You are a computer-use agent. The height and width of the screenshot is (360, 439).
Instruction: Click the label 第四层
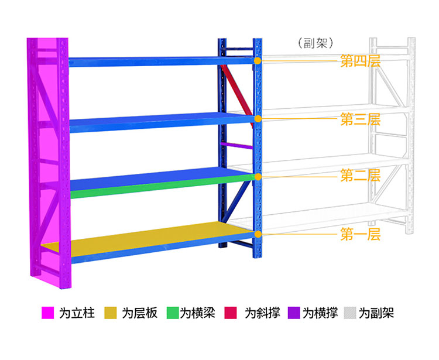pyautogui.click(x=360, y=61)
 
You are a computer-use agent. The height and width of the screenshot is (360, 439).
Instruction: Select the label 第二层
pyautogui.click(x=360, y=176)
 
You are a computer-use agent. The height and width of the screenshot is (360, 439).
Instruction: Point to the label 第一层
pyautogui.click(x=360, y=235)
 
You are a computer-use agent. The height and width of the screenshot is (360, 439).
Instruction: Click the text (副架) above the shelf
pyautogui.click(x=315, y=42)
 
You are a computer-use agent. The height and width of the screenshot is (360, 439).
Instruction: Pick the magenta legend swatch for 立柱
pyautogui.click(x=47, y=313)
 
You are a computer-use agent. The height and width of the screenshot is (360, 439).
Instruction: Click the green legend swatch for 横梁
pyautogui.click(x=172, y=313)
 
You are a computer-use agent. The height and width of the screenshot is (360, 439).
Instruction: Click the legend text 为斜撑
pyautogui.click(x=258, y=313)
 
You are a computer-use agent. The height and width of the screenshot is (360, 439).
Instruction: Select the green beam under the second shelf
pyautogui.click(x=146, y=185)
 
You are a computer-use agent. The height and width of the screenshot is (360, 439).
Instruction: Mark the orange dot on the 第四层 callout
pyautogui.click(x=257, y=60)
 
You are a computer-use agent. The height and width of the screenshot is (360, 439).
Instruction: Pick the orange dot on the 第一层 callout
pyautogui.click(x=257, y=235)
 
